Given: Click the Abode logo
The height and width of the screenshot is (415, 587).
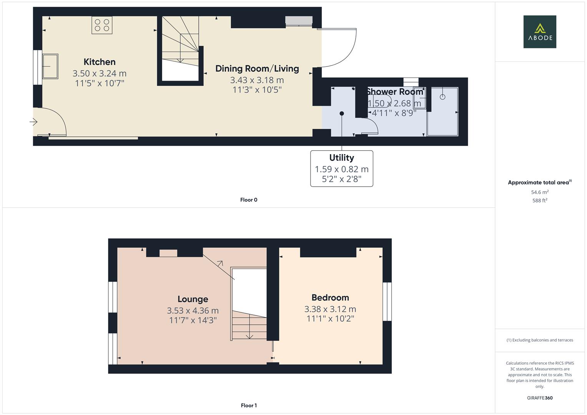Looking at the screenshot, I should [539, 32].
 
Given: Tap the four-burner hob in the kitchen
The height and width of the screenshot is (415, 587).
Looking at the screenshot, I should [102, 25].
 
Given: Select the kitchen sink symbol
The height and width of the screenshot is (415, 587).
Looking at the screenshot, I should [50, 66].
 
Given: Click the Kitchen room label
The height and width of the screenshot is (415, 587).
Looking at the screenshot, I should [100, 62].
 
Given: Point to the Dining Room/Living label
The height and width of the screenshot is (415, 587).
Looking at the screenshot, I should [257, 69].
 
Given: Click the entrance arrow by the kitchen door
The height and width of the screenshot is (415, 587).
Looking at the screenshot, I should [33, 122].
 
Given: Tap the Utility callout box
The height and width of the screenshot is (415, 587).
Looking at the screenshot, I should [341, 168].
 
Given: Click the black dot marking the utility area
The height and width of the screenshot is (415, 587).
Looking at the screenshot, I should [341, 113].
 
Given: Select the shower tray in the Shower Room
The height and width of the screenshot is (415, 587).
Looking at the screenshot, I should [442, 111].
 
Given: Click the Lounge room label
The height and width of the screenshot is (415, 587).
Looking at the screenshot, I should [193, 299].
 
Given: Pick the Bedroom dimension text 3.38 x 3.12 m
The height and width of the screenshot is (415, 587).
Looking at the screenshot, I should [330, 309].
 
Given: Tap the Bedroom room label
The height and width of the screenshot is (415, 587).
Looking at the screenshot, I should [330, 298].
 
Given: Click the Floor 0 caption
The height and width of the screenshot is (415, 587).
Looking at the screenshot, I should [249, 200].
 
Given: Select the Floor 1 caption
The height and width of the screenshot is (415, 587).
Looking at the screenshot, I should [249, 405].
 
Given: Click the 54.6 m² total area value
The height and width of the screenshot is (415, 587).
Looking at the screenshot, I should [540, 192].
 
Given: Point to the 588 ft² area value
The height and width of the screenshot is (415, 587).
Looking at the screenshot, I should [540, 201].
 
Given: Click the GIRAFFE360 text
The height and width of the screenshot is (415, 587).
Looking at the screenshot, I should [540, 398].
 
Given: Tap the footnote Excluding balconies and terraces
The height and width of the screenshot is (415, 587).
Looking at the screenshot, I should [540, 340].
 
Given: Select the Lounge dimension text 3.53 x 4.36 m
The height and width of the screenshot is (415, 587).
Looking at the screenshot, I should [193, 310].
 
